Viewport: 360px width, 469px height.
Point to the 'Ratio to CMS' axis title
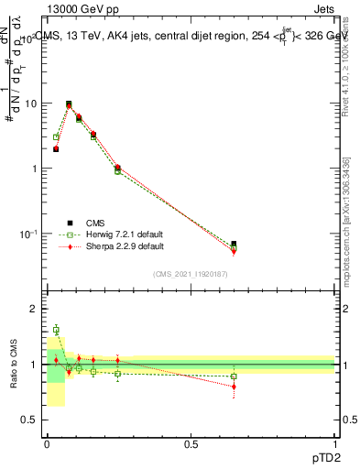pyautogui.click(x=14, y=364)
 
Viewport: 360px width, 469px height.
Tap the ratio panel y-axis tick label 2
pyautogui.click(x=31, y=309)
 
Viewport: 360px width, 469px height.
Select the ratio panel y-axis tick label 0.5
pyautogui.click(x=27, y=420)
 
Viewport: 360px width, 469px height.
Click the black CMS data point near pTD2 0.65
pyautogui.click(x=234, y=245)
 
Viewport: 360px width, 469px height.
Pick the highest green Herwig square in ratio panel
pyautogui.click(x=56, y=330)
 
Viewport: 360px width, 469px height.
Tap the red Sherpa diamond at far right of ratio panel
pyautogui.click(x=234, y=387)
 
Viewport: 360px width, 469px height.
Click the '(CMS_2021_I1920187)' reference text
pyautogui.click(x=191, y=273)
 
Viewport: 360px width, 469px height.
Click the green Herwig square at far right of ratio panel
pyautogui.click(x=234, y=376)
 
